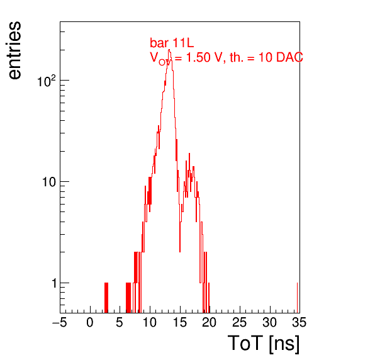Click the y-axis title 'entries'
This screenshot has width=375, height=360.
15,50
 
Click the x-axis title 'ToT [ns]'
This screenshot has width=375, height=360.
263,344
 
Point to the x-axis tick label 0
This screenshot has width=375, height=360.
90,322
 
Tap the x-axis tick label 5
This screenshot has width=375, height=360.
120,322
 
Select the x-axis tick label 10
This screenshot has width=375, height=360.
150,322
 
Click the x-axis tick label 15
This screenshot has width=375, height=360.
179,322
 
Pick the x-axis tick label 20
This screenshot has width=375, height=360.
210,322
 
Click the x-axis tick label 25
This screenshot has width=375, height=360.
239,322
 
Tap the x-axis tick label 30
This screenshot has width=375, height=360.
269,322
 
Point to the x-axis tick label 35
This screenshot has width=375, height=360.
299,322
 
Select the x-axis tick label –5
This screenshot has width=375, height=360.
60,322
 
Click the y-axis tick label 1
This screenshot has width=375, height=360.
54,283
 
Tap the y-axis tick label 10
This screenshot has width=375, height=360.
49,183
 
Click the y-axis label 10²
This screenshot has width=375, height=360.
47,81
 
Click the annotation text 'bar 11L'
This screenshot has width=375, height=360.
172,43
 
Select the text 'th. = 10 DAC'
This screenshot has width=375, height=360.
266,57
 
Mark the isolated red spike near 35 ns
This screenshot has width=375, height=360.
297,298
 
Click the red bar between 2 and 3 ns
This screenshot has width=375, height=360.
106,298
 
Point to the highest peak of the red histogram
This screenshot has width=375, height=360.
169,50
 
